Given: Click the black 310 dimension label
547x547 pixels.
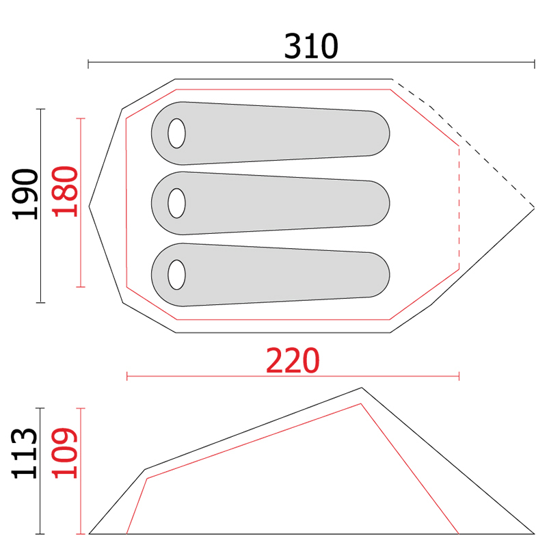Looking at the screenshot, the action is pyautogui.click(x=311, y=46).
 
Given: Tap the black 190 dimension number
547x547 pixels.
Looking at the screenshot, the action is pyautogui.click(x=25, y=194).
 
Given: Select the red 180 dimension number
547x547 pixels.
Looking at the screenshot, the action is pyautogui.click(x=65, y=191).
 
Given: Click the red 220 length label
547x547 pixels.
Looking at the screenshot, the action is pyautogui.click(x=293, y=360).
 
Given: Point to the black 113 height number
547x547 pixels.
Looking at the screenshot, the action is pyautogui.click(x=25, y=453).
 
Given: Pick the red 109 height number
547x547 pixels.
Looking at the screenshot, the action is pyautogui.click(x=65, y=453).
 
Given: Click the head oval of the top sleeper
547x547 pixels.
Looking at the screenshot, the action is pyautogui.click(x=176, y=133).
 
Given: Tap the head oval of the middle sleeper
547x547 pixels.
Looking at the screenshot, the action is pyautogui.click(x=176, y=203).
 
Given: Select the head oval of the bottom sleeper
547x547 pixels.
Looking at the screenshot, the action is pyautogui.click(x=176, y=275).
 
